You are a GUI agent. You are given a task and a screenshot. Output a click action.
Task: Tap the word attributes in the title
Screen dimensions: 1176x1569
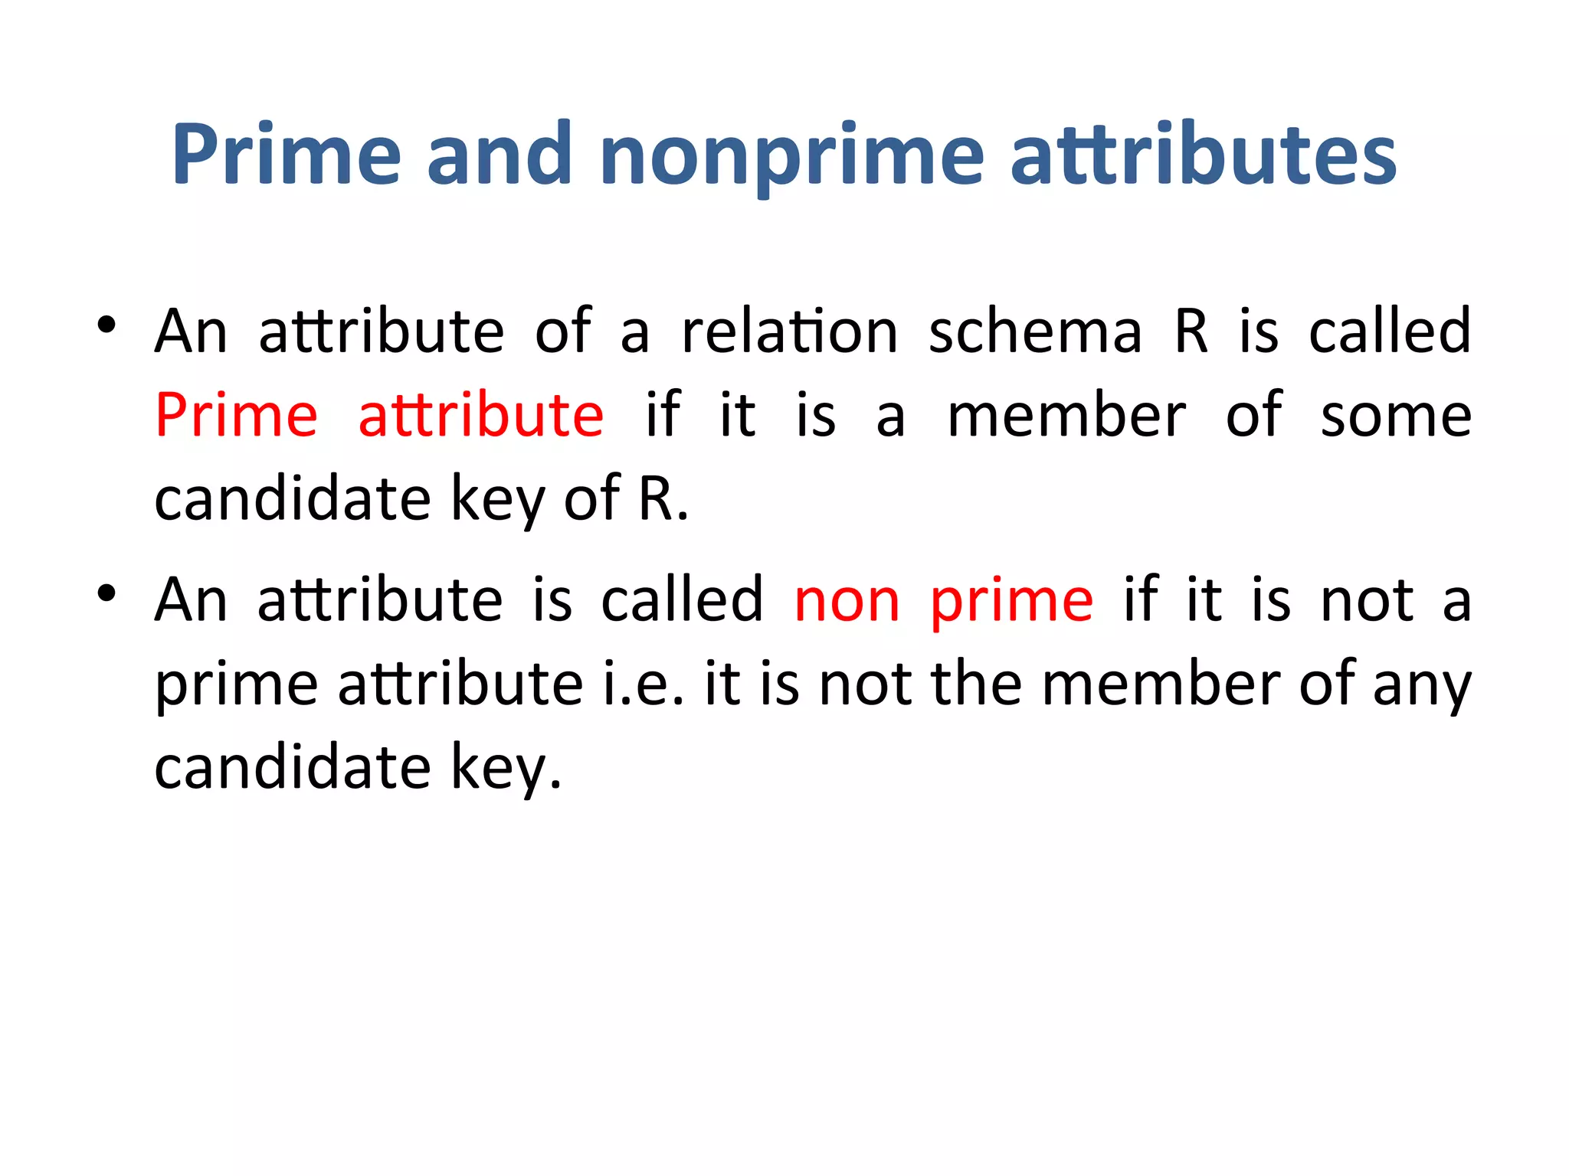click(x=1204, y=155)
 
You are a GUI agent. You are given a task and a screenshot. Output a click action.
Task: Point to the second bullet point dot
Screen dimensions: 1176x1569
click(x=106, y=593)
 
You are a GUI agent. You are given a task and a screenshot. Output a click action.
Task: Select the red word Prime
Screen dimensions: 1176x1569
click(x=237, y=415)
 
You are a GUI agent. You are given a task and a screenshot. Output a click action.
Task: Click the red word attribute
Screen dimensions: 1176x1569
click(x=481, y=415)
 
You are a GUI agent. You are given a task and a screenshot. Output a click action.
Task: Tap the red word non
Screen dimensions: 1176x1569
click(x=847, y=602)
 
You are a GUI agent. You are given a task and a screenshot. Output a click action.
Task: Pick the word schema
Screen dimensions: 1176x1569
click(x=1035, y=332)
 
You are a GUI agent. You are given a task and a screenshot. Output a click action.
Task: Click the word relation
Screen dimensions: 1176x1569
click(x=789, y=332)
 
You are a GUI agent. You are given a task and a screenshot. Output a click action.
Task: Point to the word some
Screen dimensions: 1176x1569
click(x=1396, y=416)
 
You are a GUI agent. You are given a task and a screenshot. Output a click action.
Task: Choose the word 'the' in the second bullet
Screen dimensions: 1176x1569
click(x=976, y=684)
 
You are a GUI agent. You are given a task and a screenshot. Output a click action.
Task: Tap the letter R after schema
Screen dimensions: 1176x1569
click(x=1192, y=332)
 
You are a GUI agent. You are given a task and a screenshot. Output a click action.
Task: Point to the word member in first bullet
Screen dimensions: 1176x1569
click(x=1067, y=416)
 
